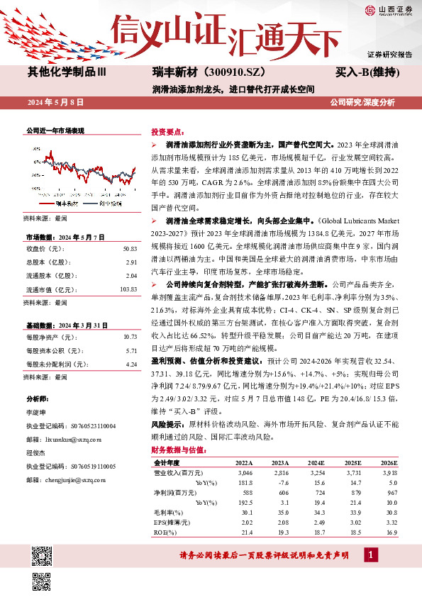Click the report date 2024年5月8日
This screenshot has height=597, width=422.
(55, 103)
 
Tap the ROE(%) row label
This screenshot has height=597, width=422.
(165, 532)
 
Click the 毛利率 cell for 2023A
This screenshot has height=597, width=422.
(280, 512)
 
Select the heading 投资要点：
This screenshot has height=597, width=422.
(167, 133)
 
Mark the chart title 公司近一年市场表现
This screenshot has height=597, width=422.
(55, 131)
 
